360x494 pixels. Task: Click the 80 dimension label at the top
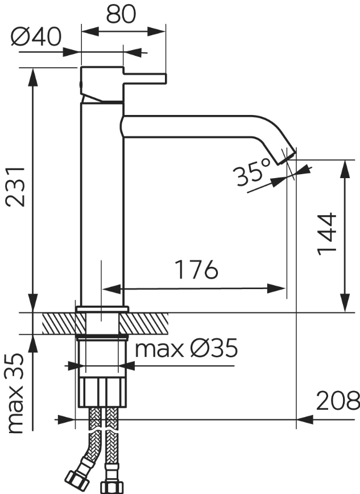[121, 14]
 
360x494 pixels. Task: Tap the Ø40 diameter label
[36, 36]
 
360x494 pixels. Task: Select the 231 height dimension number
[16, 187]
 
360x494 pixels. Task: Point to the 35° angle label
[252, 172]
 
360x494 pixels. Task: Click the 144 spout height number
[327, 234]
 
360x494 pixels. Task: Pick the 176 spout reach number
[196, 270]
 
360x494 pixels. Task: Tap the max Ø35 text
[186, 348]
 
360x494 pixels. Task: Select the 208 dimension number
[338, 401]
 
